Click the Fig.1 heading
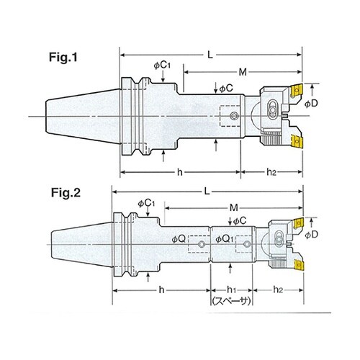point(63,58)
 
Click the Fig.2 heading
point(66,193)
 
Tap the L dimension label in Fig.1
point(210,55)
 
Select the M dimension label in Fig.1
point(243,72)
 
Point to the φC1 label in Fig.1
point(162,66)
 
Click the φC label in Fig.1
point(226,89)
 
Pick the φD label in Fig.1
point(311,104)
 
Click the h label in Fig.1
point(180,172)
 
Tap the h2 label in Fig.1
point(271,172)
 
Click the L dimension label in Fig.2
point(207,192)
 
